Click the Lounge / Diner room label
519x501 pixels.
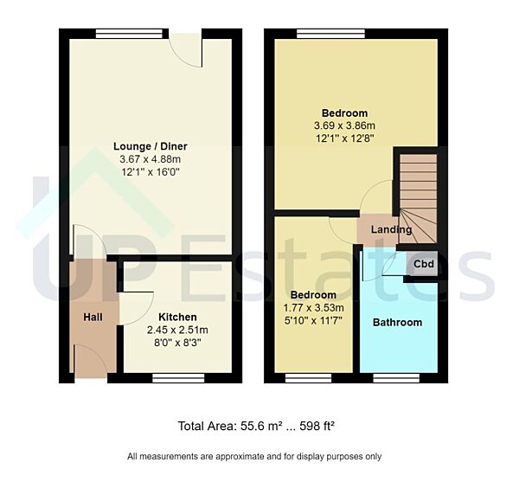[151, 146]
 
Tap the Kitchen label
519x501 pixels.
[177, 318]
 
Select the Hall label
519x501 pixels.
[93, 318]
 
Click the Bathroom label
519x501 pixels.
[397, 323]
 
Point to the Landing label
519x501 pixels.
[391, 230]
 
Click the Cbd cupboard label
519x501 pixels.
[424, 264]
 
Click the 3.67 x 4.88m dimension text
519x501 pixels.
[151, 159]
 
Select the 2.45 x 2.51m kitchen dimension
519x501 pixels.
[177, 330]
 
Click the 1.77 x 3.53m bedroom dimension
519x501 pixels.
[314, 307]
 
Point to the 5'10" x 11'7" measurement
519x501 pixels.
[314, 320]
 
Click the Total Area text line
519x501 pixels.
[256, 426]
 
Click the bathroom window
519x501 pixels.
[397, 376]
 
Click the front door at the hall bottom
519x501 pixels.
[92, 362]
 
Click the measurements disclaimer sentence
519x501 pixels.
[254, 456]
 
